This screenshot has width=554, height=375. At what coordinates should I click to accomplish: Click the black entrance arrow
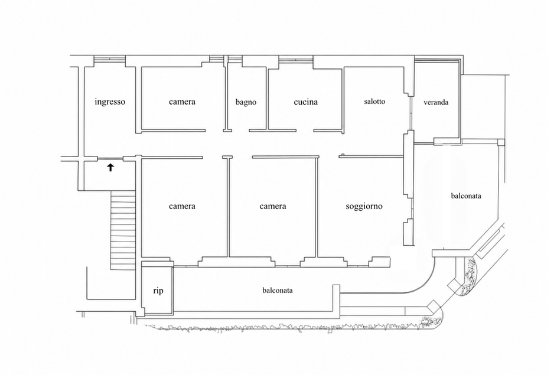tap(110, 168)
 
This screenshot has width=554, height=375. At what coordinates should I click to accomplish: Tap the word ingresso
tap(110, 102)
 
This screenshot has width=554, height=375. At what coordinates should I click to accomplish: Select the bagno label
tap(246, 102)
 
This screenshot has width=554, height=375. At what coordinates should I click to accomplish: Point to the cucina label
tap(305, 102)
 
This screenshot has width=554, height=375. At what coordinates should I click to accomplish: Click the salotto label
tap(374, 102)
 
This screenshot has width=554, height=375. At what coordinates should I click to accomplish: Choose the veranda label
tap(436, 102)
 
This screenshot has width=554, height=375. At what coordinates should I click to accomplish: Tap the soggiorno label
tap(364, 206)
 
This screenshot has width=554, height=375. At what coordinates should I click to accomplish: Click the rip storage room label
tap(158, 291)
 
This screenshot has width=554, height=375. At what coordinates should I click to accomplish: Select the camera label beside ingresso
tap(182, 102)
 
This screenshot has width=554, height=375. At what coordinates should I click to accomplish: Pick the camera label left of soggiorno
tap(273, 206)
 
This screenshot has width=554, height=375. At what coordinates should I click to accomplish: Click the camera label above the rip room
tap(182, 206)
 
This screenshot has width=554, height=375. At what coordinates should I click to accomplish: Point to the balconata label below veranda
tap(466, 195)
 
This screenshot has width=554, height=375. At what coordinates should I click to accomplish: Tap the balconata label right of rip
tap(278, 290)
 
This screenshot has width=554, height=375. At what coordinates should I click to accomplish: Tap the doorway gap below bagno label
tap(240, 131)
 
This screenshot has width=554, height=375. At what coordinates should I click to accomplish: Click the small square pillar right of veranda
tap(501, 142)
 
